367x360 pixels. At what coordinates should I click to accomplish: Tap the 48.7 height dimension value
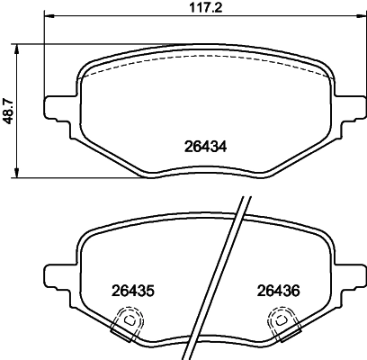(9, 111)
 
